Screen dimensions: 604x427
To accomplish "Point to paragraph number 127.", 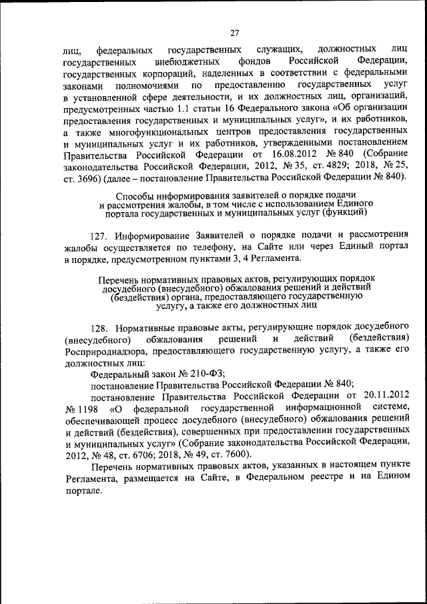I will (99, 236).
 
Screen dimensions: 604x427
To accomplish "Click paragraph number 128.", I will (99, 328).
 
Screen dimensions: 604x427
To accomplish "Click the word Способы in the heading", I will (137, 196).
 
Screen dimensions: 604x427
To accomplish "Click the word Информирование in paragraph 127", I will (154, 236).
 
